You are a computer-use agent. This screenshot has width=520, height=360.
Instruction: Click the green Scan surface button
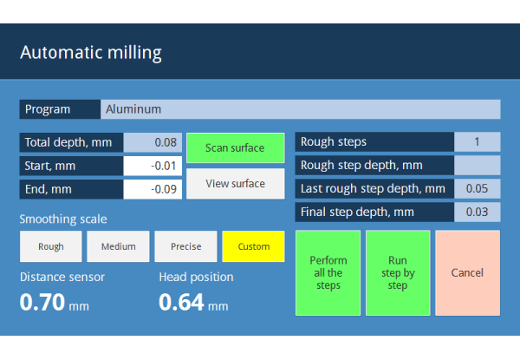pyautogui.click(x=236, y=148)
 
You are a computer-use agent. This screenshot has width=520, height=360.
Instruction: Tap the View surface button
pyautogui.click(x=236, y=184)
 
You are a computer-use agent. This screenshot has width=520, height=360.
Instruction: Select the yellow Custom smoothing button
pyautogui.click(x=253, y=246)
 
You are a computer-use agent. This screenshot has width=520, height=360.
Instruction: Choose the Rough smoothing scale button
pyautogui.click(x=51, y=246)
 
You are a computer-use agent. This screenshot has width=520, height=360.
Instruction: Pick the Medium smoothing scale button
pyautogui.click(x=118, y=246)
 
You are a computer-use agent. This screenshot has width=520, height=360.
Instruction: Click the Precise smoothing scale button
pyautogui.click(x=185, y=246)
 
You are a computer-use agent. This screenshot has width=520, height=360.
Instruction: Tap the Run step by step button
pyautogui.click(x=398, y=272)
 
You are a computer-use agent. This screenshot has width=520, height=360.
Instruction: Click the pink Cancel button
pyautogui.click(x=468, y=272)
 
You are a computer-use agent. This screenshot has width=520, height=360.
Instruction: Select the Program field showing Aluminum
pyautogui.click(x=301, y=109)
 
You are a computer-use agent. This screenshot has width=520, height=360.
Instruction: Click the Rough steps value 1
pyautogui.click(x=478, y=141)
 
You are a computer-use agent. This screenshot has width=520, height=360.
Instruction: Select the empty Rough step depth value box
pyautogui.click(x=478, y=165)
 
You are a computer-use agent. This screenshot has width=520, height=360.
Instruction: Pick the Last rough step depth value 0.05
pyautogui.click(x=478, y=188)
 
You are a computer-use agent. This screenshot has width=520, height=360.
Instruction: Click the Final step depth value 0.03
pyautogui.click(x=478, y=212)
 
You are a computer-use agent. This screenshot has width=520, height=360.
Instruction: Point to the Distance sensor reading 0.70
pyautogui.click(x=42, y=302)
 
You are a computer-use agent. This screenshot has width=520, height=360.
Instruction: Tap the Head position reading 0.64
pyautogui.click(x=181, y=302)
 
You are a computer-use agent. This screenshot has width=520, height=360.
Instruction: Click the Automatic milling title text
pyautogui.click(x=91, y=53)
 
